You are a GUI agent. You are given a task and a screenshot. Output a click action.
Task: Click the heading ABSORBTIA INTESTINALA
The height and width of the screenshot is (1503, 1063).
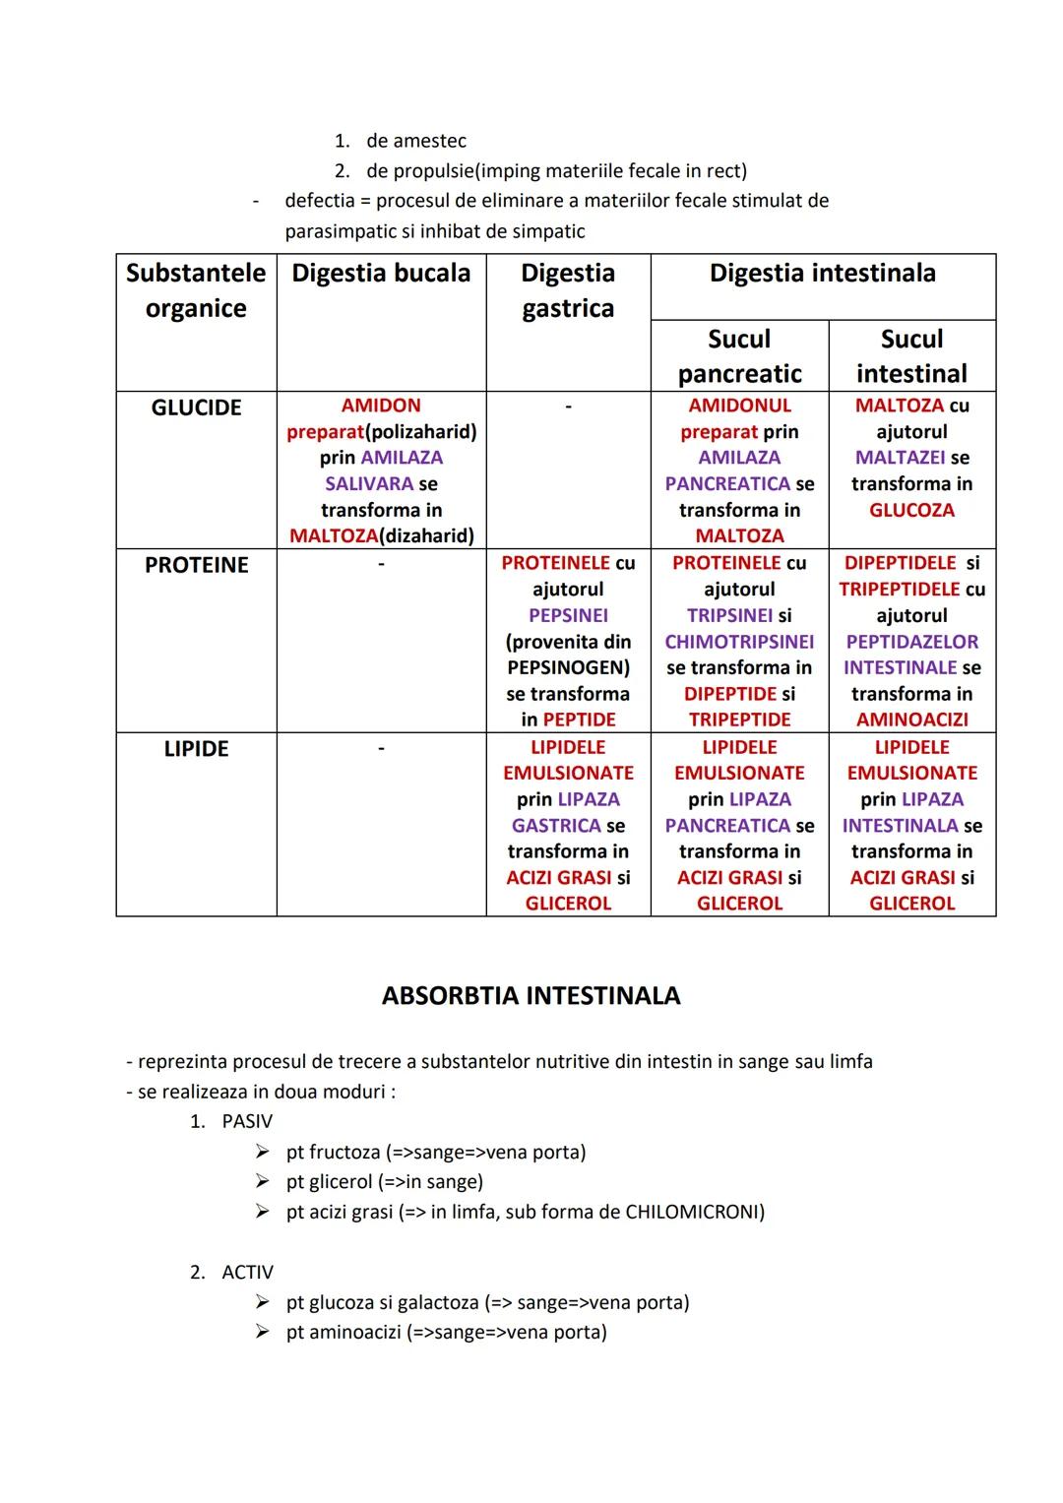(x=531, y=995)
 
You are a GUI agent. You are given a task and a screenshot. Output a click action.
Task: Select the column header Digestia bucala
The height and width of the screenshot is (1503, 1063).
(x=381, y=273)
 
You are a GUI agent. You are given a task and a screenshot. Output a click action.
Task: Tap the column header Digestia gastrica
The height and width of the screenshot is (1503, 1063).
(x=568, y=290)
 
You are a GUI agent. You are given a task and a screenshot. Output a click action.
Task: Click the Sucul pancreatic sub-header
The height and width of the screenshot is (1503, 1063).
(x=739, y=355)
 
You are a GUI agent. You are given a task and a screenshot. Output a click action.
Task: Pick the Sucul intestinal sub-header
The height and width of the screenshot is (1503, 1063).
(x=911, y=355)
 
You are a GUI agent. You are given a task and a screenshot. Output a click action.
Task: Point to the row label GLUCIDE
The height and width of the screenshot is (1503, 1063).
(x=196, y=407)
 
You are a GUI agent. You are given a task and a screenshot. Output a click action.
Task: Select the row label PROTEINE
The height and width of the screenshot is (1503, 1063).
(x=196, y=565)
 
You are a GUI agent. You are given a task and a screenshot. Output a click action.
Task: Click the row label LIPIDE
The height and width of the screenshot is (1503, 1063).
(x=196, y=749)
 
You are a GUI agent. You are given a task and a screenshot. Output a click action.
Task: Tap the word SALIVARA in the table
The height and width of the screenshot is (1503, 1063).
(x=369, y=483)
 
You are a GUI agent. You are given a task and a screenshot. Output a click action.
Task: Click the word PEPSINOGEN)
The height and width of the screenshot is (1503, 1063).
(x=568, y=667)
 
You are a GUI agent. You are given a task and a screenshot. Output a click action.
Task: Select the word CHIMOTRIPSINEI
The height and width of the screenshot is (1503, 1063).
(x=739, y=642)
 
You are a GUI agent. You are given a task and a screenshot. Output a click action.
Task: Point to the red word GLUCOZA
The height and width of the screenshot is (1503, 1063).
(x=911, y=510)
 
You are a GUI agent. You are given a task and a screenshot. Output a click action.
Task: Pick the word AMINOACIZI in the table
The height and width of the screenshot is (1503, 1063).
(x=911, y=720)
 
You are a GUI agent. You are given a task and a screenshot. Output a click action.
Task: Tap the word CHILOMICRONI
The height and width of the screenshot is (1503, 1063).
(x=693, y=1212)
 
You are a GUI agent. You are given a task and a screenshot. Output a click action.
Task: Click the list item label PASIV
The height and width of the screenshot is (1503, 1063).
(x=247, y=1121)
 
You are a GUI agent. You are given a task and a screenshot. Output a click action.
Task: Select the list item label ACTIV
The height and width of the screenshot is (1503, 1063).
(x=248, y=1272)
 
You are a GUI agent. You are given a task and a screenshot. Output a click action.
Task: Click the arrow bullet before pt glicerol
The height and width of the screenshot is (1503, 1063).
(x=262, y=1181)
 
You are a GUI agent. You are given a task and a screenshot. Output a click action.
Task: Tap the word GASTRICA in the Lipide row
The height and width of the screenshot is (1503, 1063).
(x=556, y=825)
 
